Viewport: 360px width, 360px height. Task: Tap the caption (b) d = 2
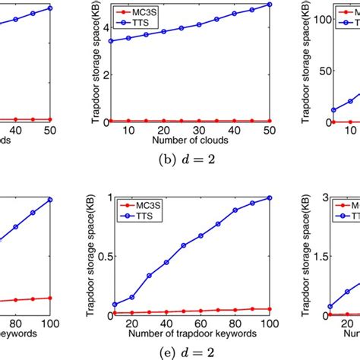180,160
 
